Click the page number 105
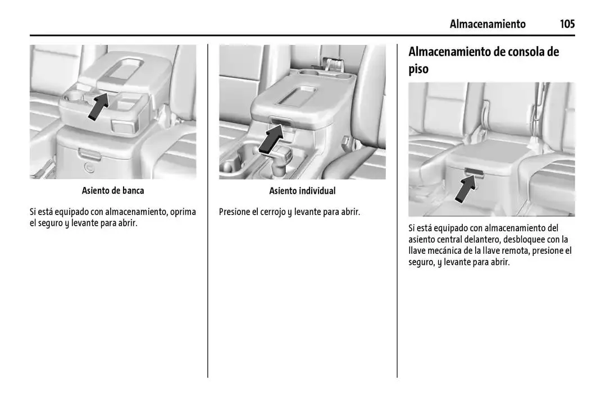pos(567,24)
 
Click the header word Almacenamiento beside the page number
pos(487,24)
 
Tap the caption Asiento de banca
pos(113,190)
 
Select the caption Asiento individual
pos(302,190)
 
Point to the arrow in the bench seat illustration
pos(97,107)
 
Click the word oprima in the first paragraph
pos(183,212)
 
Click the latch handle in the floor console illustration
pos(475,171)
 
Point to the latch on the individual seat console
pos(280,120)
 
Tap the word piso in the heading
pos(418,69)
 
